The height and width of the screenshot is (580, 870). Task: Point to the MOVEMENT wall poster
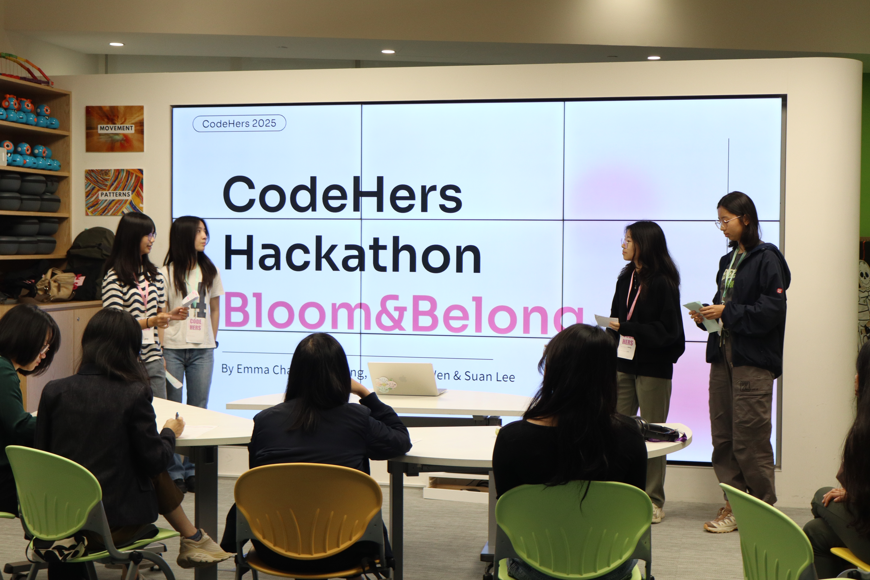pyautogui.click(x=115, y=128)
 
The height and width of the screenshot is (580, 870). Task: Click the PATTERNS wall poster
pyautogui.click(x=114, y=192)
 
